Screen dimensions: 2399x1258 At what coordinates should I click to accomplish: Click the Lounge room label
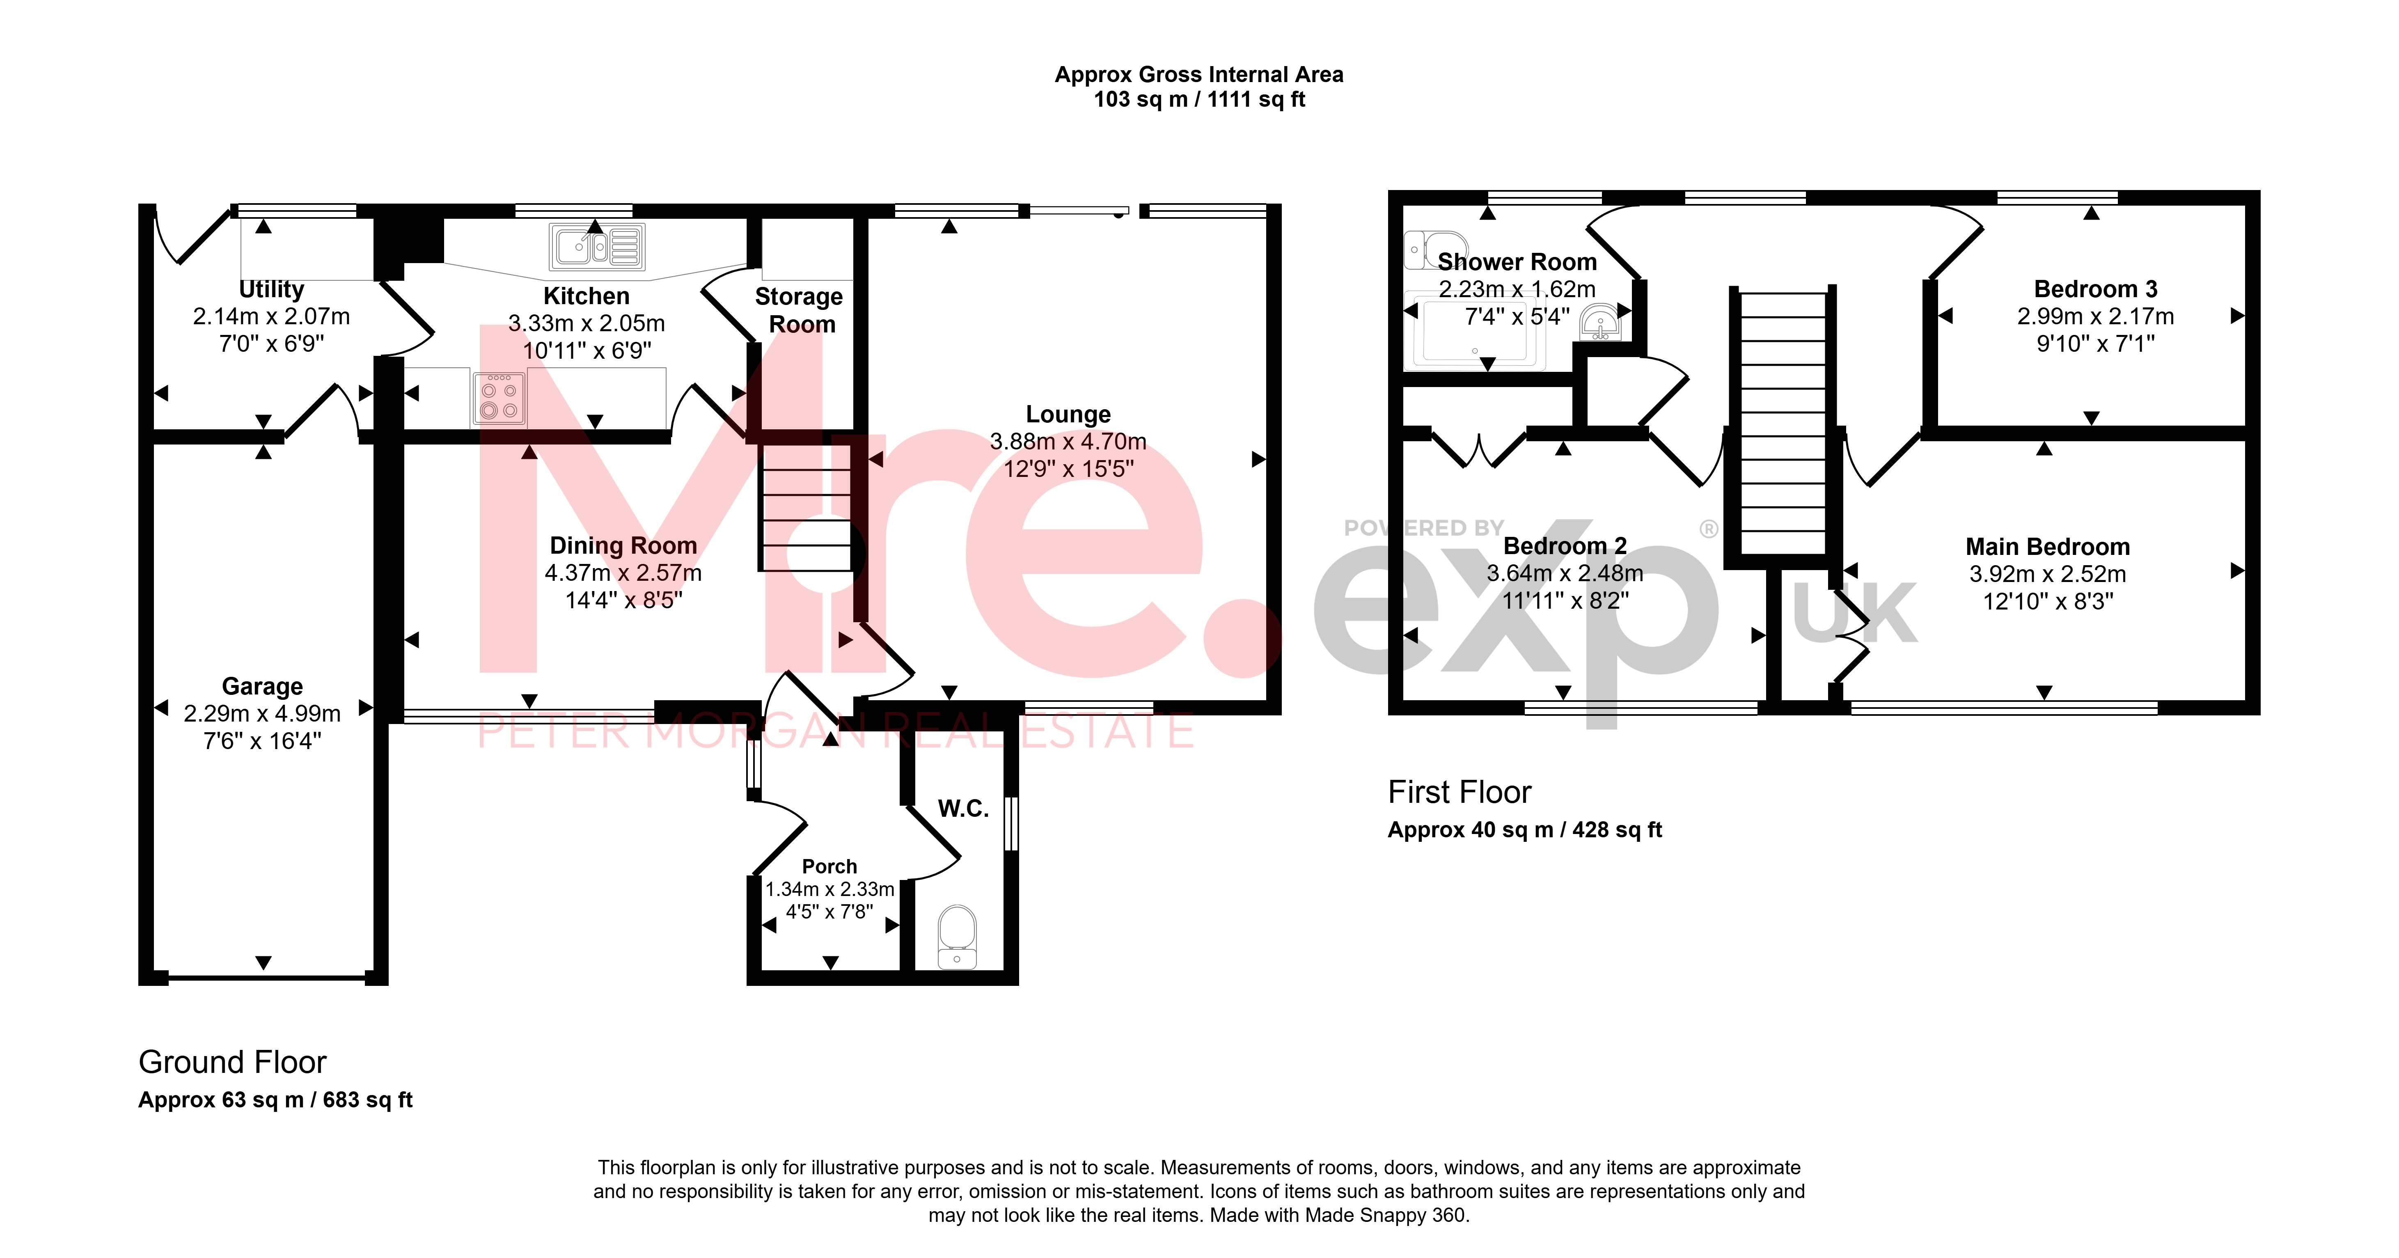(1068, 415)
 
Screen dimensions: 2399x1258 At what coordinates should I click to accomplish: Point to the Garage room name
(263, 686)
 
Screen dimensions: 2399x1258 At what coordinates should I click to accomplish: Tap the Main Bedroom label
(2048, 547)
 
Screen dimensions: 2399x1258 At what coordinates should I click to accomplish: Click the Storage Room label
(799, 310)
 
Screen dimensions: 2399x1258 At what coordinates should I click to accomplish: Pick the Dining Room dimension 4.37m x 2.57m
(623, 573)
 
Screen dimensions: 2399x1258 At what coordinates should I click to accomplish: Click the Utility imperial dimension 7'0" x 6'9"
(271, 344)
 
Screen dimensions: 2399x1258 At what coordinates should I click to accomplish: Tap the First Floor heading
(1460, 793)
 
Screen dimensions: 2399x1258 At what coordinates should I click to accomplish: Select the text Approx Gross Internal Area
(1198, 74)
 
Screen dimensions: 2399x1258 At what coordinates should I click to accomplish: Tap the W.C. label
(963, 808)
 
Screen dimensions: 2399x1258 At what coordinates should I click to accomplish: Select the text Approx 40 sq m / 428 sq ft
(1524, 830)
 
